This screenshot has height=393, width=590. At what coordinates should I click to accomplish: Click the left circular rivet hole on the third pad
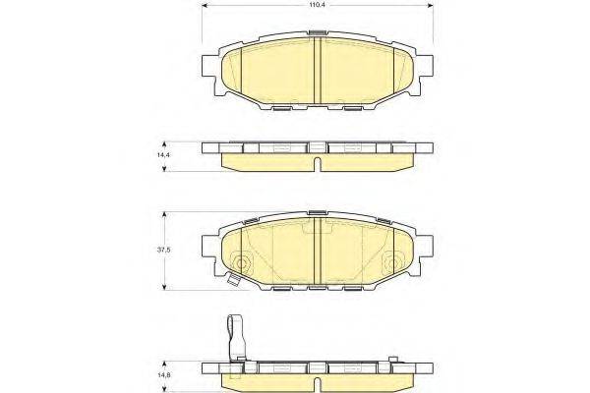(x=243, y=262)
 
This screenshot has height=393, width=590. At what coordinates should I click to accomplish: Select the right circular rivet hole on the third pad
(x=391, y=262)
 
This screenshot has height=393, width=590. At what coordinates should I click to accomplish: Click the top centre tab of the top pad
(x=317, y=33)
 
